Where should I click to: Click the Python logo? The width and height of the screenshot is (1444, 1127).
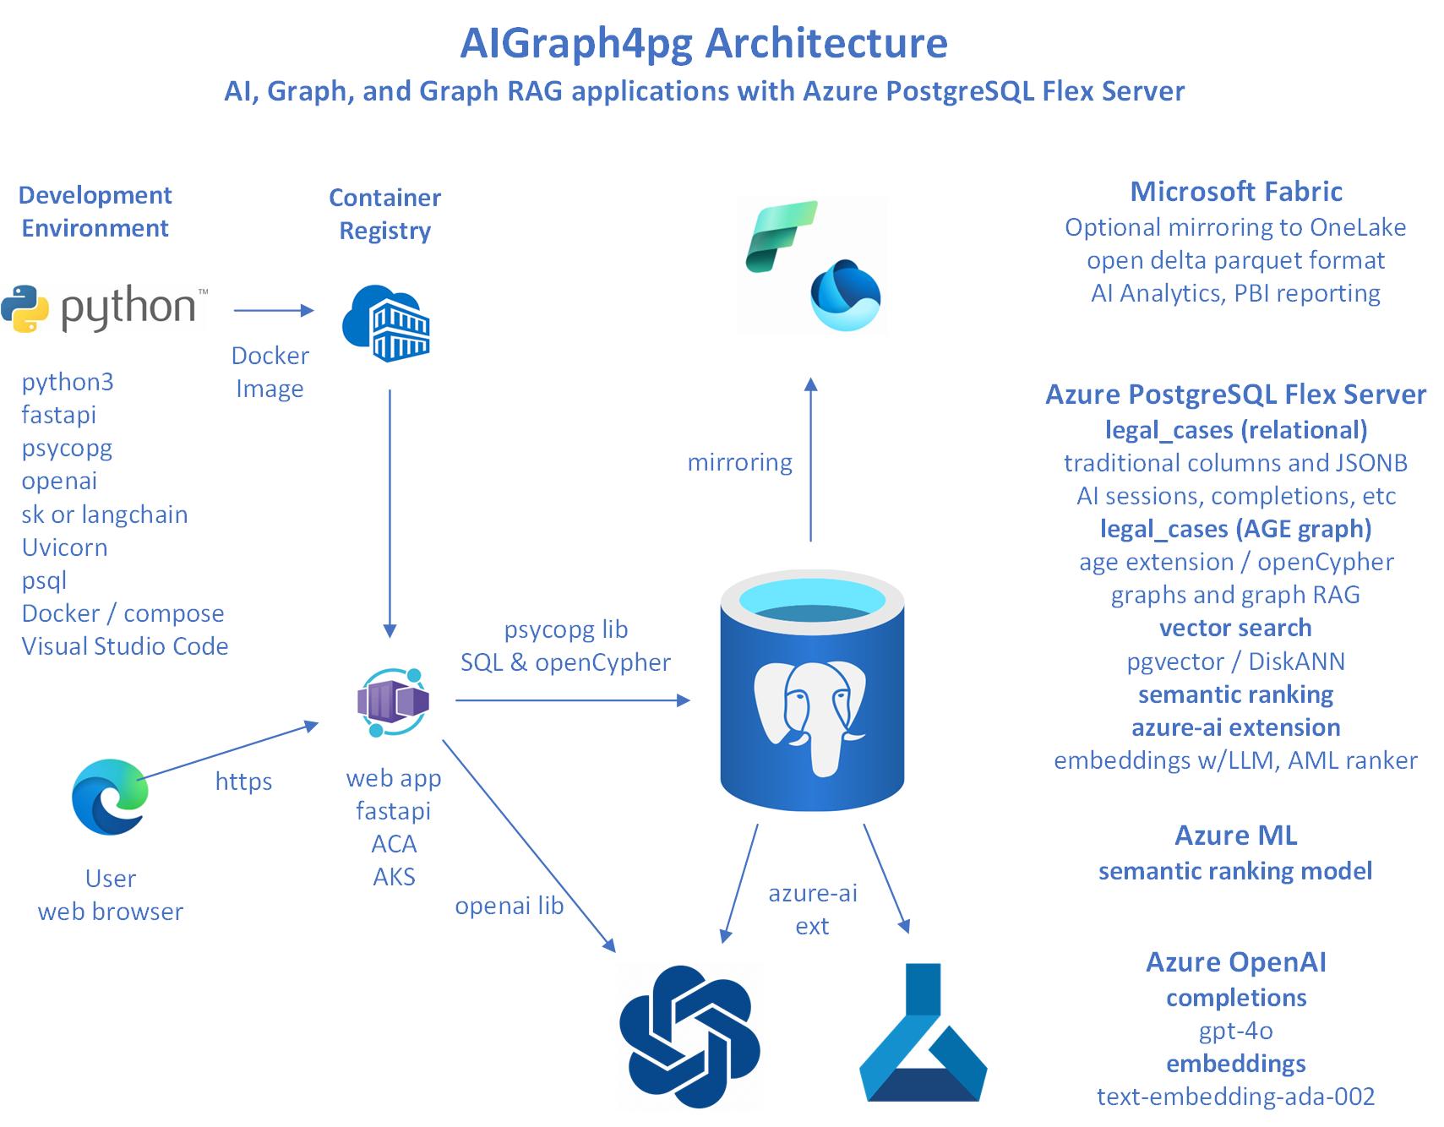coord(103,309)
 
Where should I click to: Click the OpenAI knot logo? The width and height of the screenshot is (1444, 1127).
coord(690,1036)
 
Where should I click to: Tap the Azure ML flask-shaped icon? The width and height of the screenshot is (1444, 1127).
coord(924,1035)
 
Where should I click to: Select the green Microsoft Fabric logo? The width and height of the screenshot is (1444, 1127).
coord(781,236)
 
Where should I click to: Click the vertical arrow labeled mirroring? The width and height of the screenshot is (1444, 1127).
coord(811,460)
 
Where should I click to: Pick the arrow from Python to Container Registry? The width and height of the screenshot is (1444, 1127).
coord(273,311)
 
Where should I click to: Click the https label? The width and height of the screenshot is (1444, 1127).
coord(243,781)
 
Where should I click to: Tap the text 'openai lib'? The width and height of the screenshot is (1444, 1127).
coord(509,906)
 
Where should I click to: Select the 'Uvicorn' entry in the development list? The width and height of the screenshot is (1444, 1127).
coord(64,547)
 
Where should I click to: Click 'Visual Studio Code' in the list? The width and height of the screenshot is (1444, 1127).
coord(125,646)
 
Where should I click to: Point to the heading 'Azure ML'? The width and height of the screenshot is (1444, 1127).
coord(1235,836)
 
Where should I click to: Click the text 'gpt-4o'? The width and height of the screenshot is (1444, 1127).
coord(1235,1031)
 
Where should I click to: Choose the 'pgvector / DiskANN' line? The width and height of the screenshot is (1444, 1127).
coord(1235,661)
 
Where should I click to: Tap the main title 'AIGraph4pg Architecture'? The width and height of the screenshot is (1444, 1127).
coord(704,43)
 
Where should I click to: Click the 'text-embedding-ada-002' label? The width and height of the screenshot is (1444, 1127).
coord(1235,1097)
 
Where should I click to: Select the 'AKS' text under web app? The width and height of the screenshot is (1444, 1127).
coord(394,877)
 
